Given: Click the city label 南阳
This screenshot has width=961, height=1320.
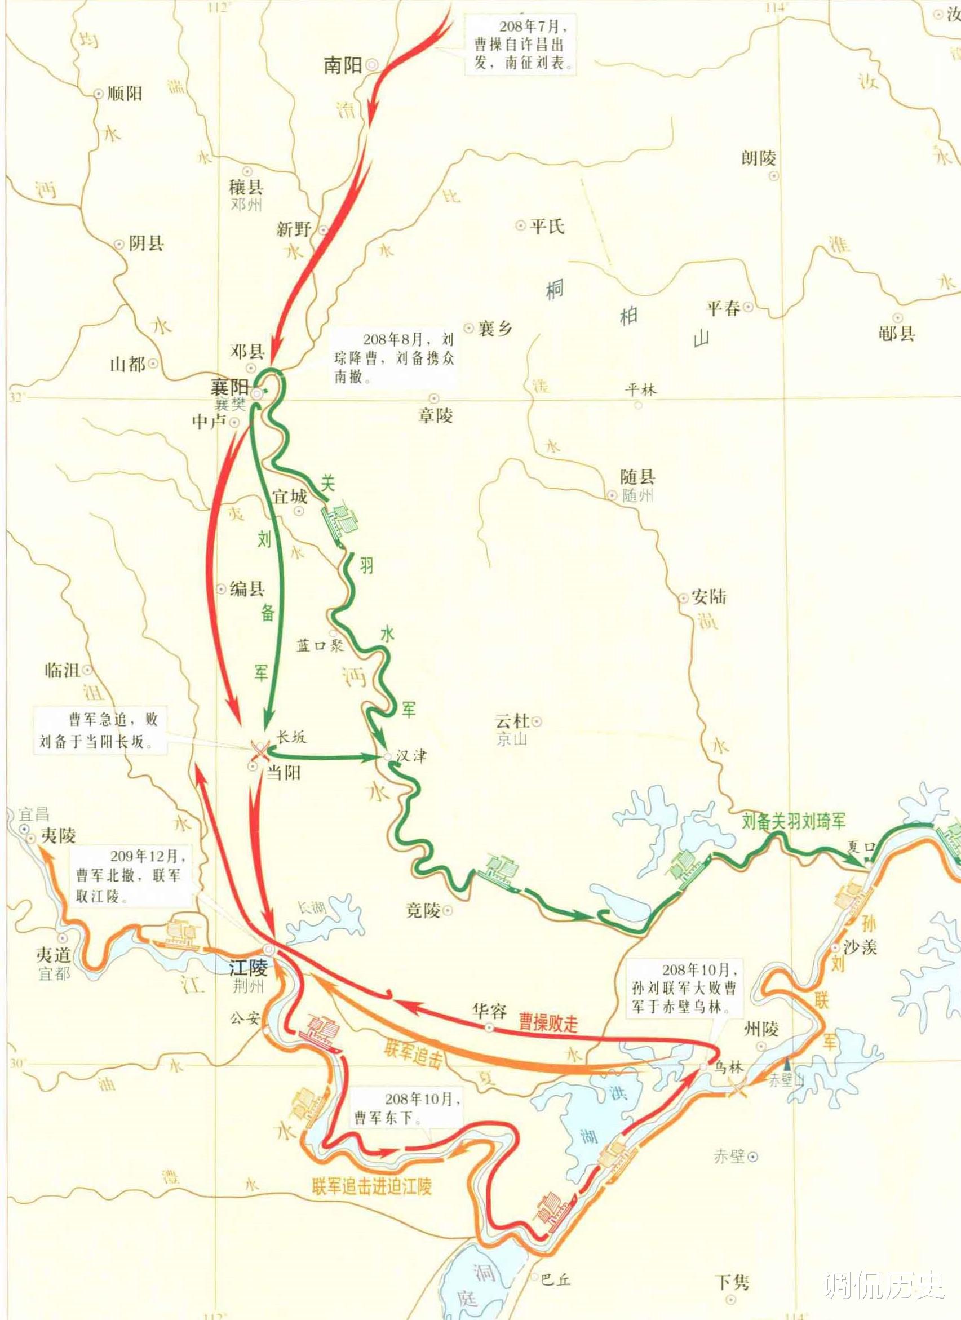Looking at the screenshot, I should click(343, 65).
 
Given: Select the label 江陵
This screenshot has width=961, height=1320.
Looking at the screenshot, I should click(248, 967).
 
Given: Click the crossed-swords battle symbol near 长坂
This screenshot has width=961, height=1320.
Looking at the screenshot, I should click(259, 751).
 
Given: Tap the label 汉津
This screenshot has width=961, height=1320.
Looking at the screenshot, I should click(411, 755).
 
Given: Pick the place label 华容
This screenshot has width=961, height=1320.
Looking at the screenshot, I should click(490, 1011).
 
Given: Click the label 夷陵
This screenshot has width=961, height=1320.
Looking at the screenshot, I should click(58, 836).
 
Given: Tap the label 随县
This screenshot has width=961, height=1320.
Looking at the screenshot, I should click(637, 477).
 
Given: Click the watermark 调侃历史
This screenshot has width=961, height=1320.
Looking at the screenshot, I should click(883, 1281).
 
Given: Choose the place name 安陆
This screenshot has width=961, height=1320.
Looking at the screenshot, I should click(709, 597).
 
